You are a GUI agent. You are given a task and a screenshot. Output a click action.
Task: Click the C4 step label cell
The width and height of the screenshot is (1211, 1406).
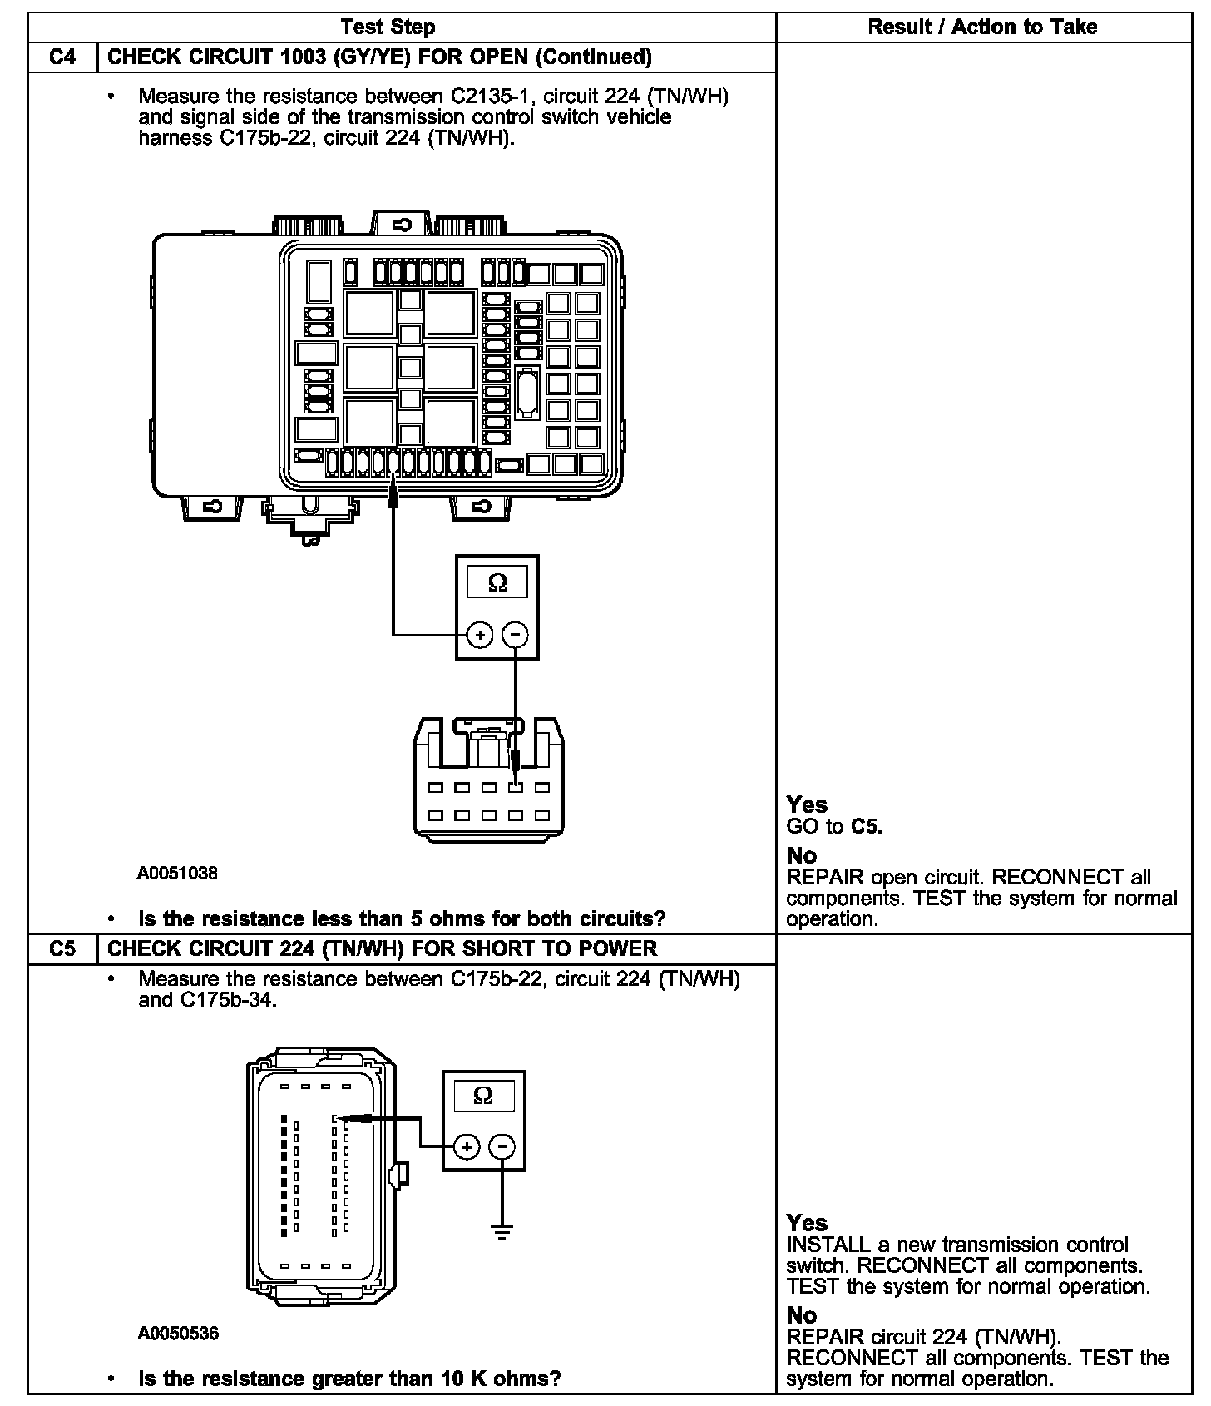click(62, 57)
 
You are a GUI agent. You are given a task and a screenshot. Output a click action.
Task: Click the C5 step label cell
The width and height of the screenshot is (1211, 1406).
click(62, 948)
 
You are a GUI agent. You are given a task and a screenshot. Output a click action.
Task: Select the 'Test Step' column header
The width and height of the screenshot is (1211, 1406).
click(388, 27)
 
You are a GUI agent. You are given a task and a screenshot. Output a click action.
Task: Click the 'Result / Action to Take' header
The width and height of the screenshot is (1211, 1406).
click(982, 27)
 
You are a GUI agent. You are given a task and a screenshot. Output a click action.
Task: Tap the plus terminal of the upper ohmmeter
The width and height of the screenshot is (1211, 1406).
click(480, 636)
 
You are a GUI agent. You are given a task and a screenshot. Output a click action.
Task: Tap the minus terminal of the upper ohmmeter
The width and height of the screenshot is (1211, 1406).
click(516, 636)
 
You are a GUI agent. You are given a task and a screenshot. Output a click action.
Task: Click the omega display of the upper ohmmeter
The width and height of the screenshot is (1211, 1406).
click(497, 582)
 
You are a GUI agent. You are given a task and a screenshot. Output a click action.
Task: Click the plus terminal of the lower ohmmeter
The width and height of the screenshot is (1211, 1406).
click(467, 1147)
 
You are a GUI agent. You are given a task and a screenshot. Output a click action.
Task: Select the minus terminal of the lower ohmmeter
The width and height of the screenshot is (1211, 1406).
click(502, 1147)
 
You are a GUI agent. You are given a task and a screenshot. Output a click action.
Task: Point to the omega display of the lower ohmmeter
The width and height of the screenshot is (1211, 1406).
click(482, 1096)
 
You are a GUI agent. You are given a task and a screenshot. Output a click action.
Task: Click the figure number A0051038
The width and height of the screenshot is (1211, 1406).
click(178, 874)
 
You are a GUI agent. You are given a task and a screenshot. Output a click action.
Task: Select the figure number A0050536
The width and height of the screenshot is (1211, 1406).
click(178, 1334)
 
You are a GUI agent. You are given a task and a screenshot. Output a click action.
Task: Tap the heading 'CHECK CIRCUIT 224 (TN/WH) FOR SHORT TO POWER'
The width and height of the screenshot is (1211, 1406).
click(383, 948)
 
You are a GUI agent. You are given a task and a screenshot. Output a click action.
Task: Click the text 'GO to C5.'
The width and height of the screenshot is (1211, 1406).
click(834, 826)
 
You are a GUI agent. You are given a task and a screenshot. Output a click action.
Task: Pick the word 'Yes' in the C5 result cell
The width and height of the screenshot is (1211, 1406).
click(807, 1222)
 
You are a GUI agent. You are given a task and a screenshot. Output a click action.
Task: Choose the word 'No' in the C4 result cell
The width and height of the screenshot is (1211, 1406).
click(802, 855)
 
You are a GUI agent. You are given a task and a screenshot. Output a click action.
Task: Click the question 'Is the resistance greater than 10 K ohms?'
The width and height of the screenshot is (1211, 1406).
click(349, 1379)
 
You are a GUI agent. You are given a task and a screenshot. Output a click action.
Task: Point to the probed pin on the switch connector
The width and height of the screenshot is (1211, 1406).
click(516, 787)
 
